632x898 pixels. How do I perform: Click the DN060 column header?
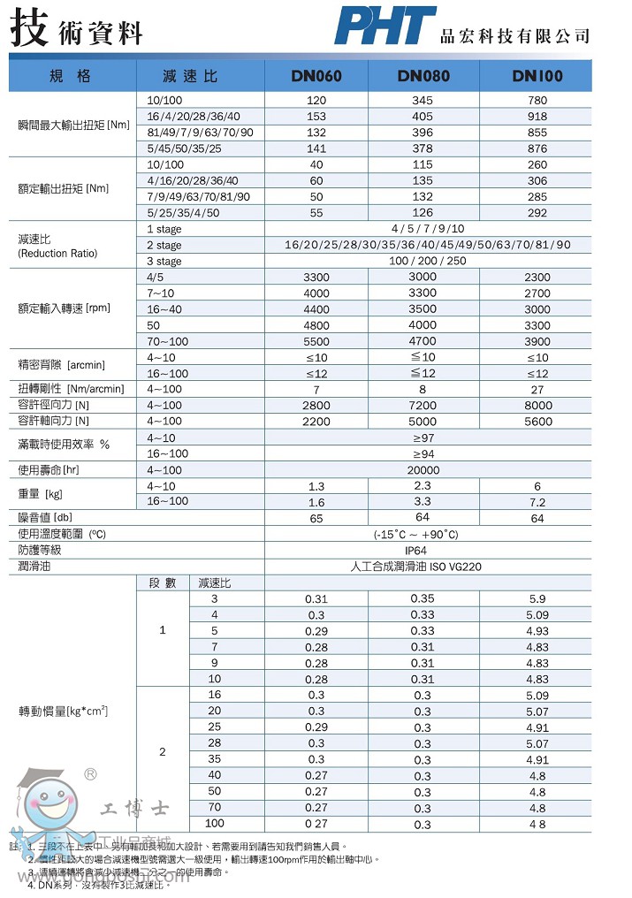316,76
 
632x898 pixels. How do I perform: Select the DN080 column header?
423,76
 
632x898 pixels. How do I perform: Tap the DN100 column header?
537,76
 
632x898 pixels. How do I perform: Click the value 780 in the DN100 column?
537,101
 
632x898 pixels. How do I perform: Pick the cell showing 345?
423,101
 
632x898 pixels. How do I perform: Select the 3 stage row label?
164,261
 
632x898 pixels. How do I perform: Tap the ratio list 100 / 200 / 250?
428,261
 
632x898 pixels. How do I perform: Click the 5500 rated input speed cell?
316,341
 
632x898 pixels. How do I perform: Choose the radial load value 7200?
423,405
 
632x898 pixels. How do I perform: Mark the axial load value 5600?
537,422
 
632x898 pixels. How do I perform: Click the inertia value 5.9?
537,598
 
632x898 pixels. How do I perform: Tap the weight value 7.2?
537,502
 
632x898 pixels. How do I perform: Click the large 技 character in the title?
28,27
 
